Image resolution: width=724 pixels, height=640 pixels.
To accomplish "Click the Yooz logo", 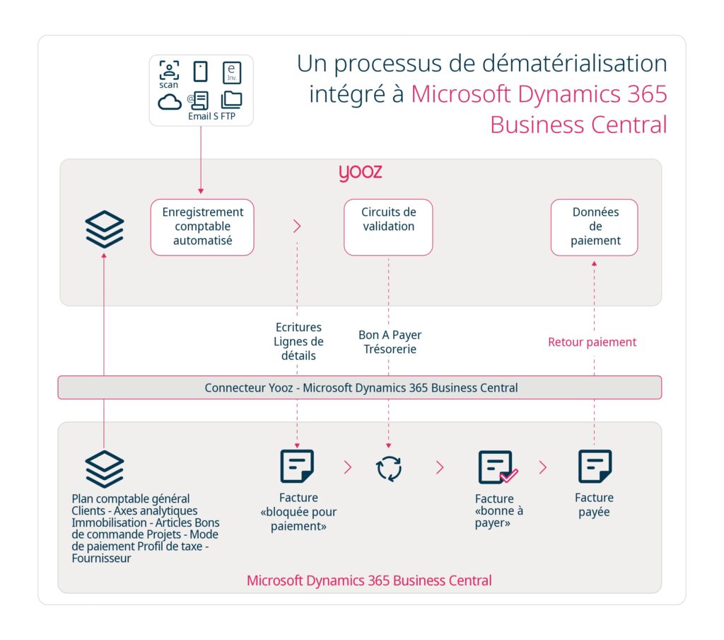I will [x=360, y=173].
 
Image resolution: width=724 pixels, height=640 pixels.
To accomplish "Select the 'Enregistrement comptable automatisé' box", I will [x=202, y=227].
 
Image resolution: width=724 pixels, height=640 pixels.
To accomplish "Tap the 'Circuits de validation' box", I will [x=388, y=227].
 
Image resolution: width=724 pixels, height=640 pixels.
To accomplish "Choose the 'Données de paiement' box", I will [x=595, y=227].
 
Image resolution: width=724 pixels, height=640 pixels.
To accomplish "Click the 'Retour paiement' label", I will [x=592, y=342].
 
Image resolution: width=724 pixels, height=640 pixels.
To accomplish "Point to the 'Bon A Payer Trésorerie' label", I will [x=390, y=342].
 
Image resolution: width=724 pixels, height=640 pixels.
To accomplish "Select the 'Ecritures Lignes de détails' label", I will [x=298, y=341].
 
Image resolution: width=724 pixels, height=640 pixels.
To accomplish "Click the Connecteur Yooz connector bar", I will [x=360, y=388].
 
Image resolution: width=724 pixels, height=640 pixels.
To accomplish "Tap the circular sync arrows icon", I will [x=389, y=468].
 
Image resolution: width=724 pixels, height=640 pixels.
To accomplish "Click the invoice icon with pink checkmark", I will [x=498, y=467].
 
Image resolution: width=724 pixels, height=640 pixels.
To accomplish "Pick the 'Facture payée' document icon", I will [x=595, y=467].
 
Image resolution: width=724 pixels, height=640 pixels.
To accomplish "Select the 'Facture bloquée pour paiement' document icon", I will [x=297, y=467].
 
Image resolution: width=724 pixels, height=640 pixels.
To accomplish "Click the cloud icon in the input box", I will [x=170, y=102].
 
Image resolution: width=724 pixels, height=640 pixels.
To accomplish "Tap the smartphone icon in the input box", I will [x=201, y=72].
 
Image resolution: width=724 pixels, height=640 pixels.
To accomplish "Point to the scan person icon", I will [x=169, y=70].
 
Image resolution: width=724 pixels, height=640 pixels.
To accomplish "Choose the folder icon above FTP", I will [x=231, y=100].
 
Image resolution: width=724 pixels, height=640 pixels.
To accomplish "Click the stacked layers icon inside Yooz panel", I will [x=105, y=229].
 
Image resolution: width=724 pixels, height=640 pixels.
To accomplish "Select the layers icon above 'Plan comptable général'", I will [x=105, y=468].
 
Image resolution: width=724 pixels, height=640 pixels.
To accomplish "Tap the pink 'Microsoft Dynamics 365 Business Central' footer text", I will [x=368, y=581].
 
